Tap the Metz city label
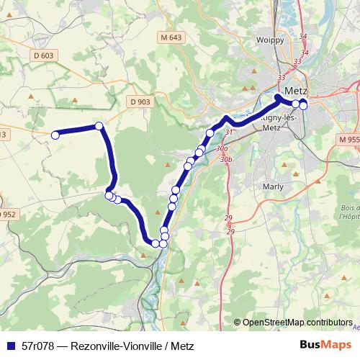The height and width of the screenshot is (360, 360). point(296,91)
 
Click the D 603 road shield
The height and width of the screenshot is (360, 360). point(44,55)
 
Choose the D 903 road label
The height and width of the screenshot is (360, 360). point(141,102)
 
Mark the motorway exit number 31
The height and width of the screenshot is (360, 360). point(229,132)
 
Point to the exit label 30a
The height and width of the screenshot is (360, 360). point(220,148)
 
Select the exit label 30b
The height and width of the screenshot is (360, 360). point(226,159)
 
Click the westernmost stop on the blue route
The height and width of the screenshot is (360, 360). point(55,133)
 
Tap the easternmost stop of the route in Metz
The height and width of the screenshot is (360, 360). point(303,106)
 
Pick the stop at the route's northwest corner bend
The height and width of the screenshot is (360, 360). point(99,126)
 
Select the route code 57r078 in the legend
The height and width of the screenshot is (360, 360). point(39,344)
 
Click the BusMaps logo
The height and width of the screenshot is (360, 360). point(325,344)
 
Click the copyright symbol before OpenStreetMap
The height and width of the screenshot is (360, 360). point(238,322)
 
